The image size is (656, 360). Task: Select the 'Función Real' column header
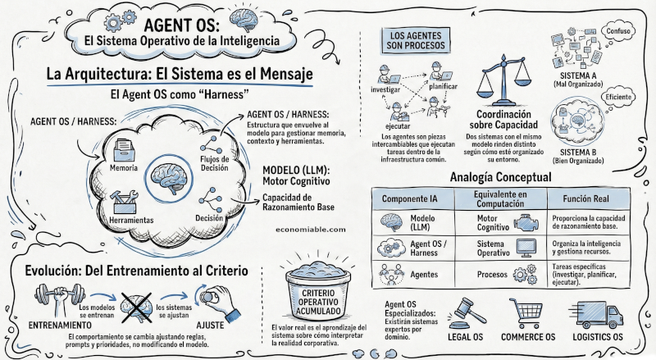coord(591,199)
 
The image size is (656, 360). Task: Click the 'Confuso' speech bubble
coord(618,31)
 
